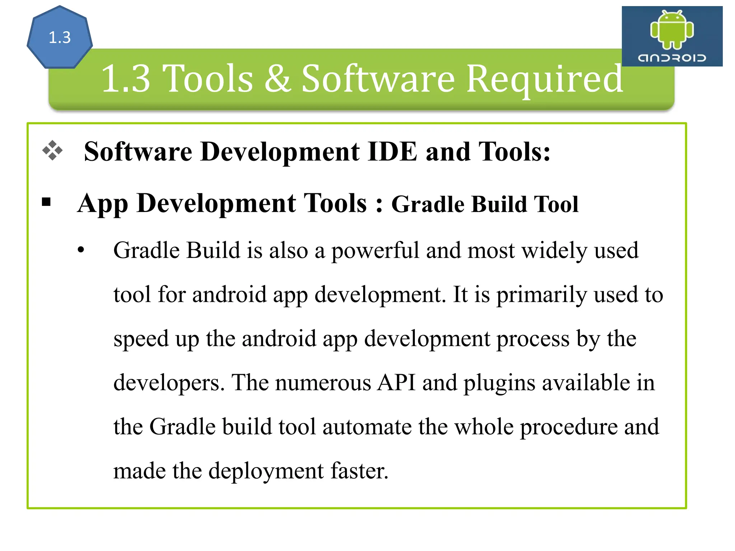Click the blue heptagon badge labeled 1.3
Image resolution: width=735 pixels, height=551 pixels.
click(60, 37)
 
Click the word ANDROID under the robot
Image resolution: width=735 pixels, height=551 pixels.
click(672, 58)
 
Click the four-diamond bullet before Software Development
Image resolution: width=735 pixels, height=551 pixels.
click(52, 150)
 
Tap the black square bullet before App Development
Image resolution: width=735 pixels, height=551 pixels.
click(46, 202)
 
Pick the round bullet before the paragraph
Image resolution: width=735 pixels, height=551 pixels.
click(81, 250)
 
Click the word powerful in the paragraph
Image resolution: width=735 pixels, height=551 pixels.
click(375, 251)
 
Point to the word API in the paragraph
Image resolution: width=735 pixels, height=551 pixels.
click(396, 382)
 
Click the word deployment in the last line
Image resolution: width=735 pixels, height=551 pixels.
click(266, 471)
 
